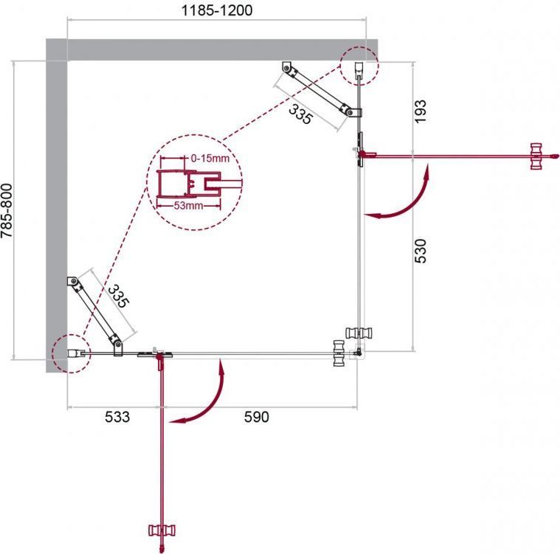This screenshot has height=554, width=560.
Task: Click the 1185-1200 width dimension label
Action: coord(217,10)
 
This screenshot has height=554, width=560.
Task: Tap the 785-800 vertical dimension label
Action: coord(7,210)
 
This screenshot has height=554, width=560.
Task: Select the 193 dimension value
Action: coord(421,111)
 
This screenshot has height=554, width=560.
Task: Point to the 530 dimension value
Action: coord(421,251)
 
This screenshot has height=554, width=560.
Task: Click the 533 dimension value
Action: coord(117,417)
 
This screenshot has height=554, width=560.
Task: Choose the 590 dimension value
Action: coord(257,417)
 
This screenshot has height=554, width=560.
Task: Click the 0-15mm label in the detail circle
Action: coord(210,158)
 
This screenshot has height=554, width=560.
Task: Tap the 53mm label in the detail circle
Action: coord(188,206)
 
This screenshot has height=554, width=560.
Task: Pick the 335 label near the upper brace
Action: coord(300,114)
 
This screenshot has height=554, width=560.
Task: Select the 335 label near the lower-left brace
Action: coord(118,296)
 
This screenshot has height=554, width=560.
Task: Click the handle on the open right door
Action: coord(536,156)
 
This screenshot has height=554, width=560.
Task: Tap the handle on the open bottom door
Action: coord(162,530)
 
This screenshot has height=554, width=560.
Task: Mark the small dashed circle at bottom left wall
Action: coord(72,353)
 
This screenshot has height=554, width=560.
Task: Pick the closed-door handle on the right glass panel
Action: coord(359,333)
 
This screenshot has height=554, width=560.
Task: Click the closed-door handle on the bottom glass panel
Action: coord(338,353)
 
